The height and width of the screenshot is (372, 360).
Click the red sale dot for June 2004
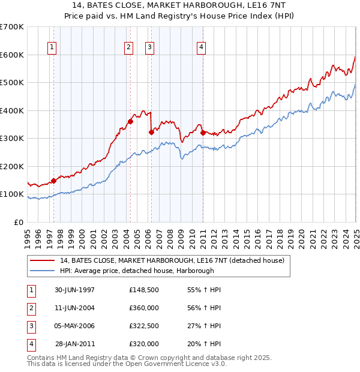tap(130, 122)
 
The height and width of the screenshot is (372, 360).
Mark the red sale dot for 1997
tap(54, 181)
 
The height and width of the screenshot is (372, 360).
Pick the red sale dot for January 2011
tap(203, 133)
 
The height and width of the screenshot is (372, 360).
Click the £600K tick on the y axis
tap(11, 55)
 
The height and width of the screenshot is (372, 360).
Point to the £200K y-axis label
tap(11, 166)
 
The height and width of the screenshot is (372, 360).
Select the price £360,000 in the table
tap(144, 308)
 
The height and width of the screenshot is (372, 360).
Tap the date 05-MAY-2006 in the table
tap(74, 326)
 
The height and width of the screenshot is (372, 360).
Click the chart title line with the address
tap(180, 7)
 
